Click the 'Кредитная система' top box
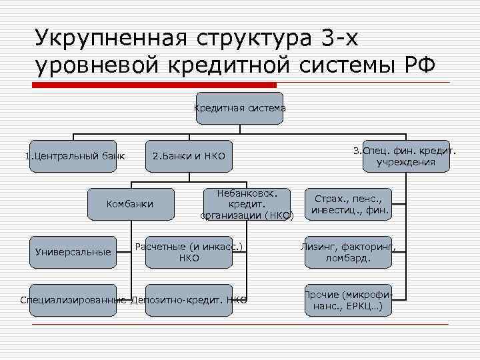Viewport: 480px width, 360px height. (239, 108)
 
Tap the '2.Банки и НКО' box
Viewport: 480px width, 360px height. (189, 157)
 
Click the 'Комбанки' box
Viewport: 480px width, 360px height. (130, 203)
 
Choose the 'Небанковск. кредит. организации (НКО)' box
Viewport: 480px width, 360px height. (247, 203)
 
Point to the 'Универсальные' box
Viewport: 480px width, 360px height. (73, 252)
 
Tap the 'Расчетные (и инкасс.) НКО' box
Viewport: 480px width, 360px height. (189, 252)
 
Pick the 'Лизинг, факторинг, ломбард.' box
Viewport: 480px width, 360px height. (347, 252)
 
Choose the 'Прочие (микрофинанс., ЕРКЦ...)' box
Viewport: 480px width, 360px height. (347, 300)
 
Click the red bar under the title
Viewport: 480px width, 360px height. (153, 85)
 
